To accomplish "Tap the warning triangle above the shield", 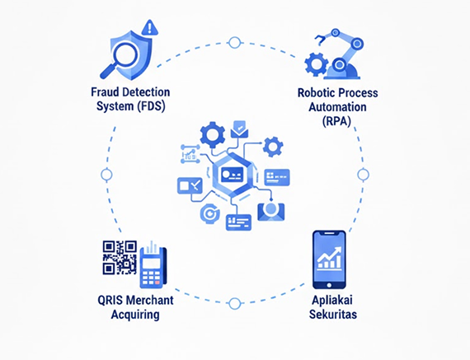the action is (149, 27).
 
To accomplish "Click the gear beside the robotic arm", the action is (316, 63).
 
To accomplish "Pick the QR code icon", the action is (120, 258).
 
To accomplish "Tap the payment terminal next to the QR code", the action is (153, 264).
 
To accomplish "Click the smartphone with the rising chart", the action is (329, 259).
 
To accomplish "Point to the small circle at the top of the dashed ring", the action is (234, 43).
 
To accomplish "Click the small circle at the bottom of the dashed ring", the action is (234, 303).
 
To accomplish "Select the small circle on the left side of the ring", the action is (106, 175).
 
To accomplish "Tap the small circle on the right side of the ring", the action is (363, 175).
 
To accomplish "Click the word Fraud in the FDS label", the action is (104, 92).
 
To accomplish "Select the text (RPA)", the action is (337, 121).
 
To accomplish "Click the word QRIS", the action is (110, 300).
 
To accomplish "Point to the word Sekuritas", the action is (333, 315).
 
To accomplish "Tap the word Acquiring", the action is (135, 315).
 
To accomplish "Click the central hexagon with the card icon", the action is (232, 175).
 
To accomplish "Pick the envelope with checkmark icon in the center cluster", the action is (239, 129).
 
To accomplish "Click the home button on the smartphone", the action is (329, 285).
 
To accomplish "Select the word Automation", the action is (337, 107).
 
